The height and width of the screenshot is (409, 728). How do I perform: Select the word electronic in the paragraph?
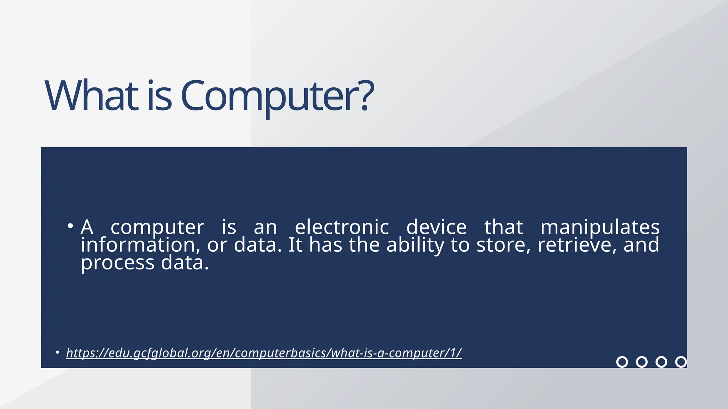[342, 227]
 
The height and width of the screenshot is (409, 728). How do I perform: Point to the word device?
[436, 227]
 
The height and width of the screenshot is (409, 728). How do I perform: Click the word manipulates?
[600, 227]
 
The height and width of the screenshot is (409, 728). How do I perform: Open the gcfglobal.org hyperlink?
[264, 353]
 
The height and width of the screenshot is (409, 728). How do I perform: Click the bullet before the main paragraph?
[70, 226]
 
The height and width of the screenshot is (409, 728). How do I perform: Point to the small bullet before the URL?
[57, 353]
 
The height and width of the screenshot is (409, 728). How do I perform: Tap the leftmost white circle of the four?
[622, 362]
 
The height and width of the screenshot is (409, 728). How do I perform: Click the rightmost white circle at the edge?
[681, 362]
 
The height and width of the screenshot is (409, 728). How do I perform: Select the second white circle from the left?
[642, 362]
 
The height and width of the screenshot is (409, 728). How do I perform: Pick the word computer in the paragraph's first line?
[157, 228]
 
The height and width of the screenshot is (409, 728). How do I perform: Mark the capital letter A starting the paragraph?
[87, 227]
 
